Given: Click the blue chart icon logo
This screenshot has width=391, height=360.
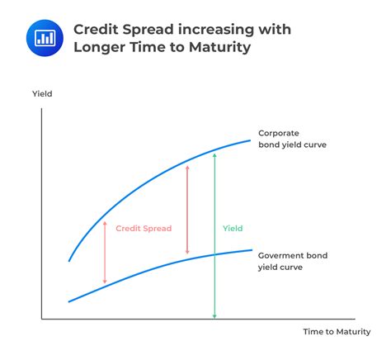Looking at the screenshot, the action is [x=45, y=38].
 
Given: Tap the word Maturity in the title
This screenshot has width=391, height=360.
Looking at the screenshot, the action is [x=219, y=47].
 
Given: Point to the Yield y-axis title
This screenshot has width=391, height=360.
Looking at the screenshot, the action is [x=42, y=94].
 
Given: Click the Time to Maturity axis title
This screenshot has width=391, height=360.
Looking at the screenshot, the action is [x=337, y=332].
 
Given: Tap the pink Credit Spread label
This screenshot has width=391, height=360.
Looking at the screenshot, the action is [x=144, y=229].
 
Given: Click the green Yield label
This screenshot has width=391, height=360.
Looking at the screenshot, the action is [x=233, y=229].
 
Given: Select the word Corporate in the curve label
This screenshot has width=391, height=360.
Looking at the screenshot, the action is [x=279, y=133].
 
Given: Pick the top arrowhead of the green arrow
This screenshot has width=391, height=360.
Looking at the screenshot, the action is [x=214, y=155].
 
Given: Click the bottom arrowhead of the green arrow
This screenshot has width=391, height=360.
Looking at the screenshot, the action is [x=214, y=316].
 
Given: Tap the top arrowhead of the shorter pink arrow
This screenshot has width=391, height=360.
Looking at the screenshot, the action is [x=105, y=223].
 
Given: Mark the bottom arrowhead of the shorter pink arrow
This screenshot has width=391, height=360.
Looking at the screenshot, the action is [x=105, y=282].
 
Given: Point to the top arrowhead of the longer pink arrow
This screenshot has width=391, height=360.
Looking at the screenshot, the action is [x=187, y=168].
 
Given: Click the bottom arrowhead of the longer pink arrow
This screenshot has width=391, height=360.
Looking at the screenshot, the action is [x=187, y=252].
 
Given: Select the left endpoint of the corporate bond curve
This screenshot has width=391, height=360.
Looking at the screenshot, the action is [x=69, y=261].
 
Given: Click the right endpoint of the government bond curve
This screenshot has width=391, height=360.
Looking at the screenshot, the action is [x=252, y=250].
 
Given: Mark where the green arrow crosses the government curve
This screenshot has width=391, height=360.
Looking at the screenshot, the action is [x=214, y=254].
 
